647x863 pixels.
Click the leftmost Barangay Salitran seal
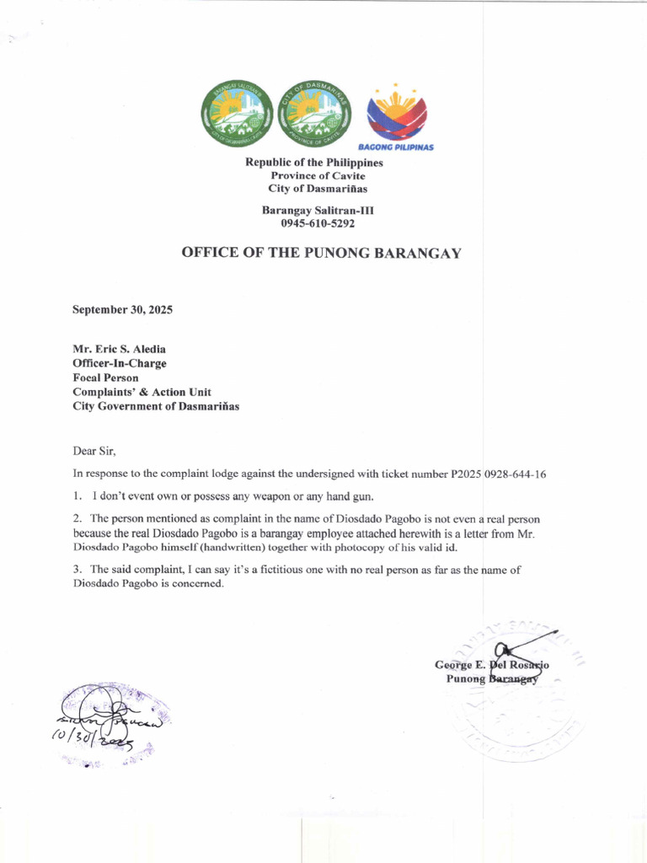point(237,114)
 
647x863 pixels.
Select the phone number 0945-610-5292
point(313,223)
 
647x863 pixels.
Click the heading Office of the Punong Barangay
point(322,253)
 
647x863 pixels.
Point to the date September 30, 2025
point(122,309)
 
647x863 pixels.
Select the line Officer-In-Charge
point(120,363)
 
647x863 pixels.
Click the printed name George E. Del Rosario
point(492,665)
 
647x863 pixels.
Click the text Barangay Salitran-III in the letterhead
point(311,210)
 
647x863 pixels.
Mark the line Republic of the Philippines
point(313,162)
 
